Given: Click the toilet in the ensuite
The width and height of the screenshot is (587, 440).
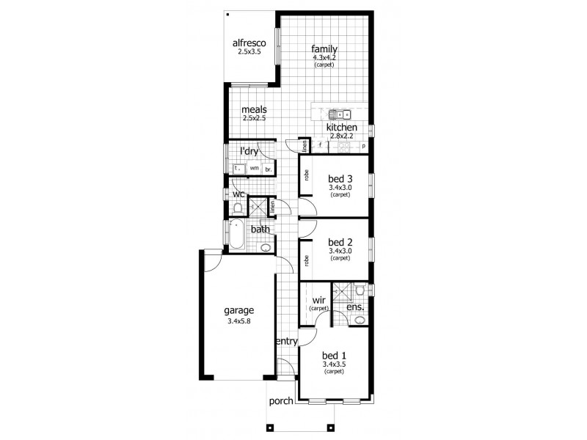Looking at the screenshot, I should (359, 291).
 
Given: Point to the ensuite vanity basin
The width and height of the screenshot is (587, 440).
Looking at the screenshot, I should (360, 320).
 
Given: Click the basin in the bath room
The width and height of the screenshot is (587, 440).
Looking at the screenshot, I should (266, 248).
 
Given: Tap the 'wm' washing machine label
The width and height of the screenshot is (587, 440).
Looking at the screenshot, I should (254, 169).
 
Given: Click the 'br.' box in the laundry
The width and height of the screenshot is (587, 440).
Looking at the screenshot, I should (269, 169).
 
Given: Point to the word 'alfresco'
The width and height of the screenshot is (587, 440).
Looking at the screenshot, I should (249, 43).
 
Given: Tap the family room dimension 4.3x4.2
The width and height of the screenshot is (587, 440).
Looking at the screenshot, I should (324, 57).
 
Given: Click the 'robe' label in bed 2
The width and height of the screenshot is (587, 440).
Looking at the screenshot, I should (306, 260).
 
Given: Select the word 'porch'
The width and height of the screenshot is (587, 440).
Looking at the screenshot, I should (281, 400).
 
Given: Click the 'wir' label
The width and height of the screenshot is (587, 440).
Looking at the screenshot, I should (318, 300).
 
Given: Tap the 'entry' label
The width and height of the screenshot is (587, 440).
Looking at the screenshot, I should (286, 342).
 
